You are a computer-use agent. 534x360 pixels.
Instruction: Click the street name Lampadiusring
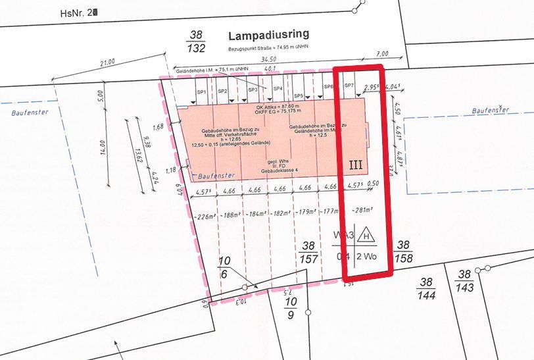coord(268,36)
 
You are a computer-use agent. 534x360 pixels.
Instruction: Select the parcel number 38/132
coord(197,41)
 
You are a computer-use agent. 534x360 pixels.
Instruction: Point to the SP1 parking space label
coord(202,91)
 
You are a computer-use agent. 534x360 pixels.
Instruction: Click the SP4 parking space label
coord(278,89)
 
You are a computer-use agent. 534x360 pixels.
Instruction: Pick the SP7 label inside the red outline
coord(350,86)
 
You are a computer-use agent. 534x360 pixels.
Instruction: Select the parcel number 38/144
coord(427,288)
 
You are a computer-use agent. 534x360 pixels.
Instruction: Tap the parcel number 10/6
coord(224,267)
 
